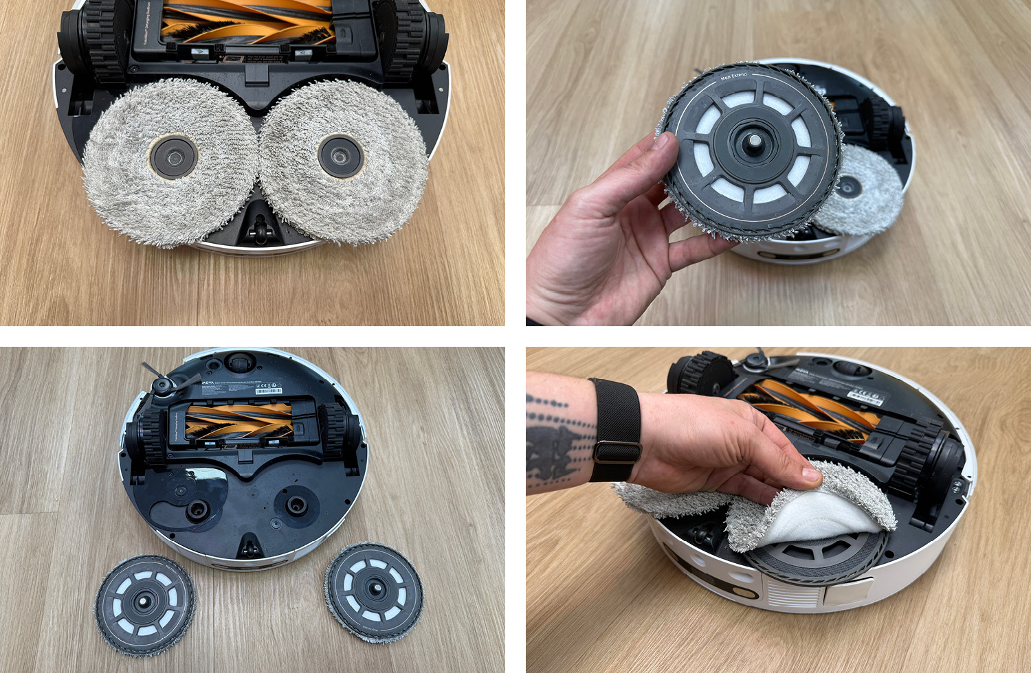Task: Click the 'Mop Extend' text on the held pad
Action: click(x=733, y=76)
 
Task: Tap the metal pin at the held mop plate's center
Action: click(x=753, y=141)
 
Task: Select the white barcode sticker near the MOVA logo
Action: click(x=269, y=391)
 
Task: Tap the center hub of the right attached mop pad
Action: click(x=339, y=155)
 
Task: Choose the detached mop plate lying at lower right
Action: click(x=374, y=591)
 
